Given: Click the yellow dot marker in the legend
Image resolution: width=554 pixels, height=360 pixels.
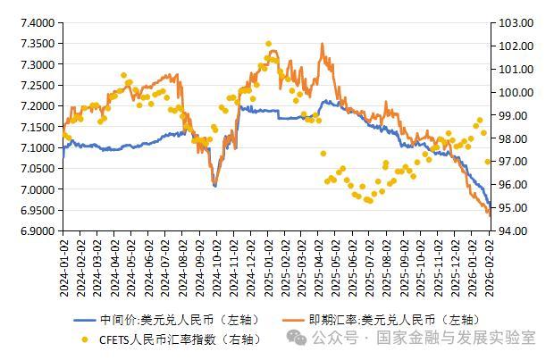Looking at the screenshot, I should tap(86, 339).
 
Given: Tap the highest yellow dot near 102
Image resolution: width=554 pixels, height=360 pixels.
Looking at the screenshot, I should tap(268, 43).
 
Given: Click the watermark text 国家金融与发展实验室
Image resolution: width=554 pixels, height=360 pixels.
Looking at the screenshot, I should tap(456, 338).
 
